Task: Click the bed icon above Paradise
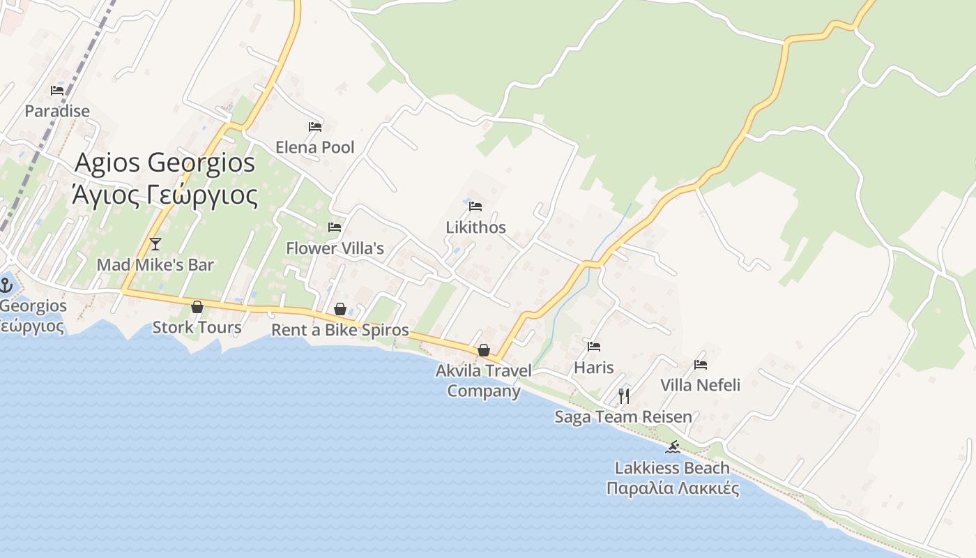(x=57, y=90)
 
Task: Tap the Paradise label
(x=57, y=111)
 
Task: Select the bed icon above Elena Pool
(x=315, y=126)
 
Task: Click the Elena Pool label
(x=315, y=147)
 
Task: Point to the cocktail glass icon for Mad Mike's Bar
(x=155, y=243)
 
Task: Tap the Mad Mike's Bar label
(x=155, y=265)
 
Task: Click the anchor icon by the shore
(x=6, y=285)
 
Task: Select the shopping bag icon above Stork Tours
(x=197, y=307)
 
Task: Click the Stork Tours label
(x=197, y=327)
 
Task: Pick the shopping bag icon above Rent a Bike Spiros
(x=340, y=309)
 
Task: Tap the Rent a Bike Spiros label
(x=340, y=330)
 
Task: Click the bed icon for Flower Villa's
(x=335, y=227)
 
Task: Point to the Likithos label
(x=476, y=227)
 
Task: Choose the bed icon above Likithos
(x=475, y=206)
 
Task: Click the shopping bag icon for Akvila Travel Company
(x=484, y=350)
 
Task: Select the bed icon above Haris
(x=594, y=346)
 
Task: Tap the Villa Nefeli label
(x=700, y=385)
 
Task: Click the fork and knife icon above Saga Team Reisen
(x=624, y=396)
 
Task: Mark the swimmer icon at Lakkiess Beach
(x=673, y=447)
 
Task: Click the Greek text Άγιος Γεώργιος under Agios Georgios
(x=165, y=195)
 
